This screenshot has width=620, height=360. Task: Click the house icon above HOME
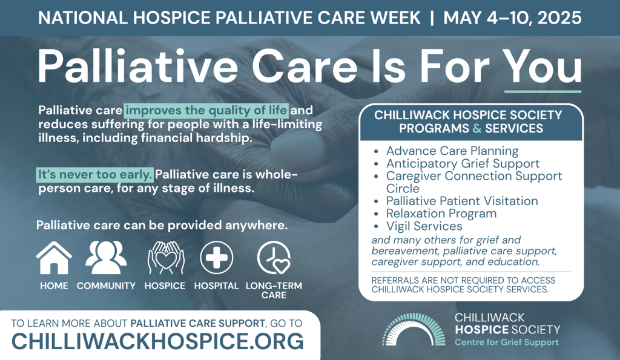tap(54, 258)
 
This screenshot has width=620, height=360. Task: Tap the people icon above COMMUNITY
tap(106, 258)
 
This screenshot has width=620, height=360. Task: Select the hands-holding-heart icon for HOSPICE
tap(166, 258)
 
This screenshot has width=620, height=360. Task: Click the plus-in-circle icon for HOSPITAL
tap(216, 258)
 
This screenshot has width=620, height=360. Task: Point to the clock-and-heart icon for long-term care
tap(274, 258)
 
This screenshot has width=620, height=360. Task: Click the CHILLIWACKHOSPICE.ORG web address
tap(157, 341)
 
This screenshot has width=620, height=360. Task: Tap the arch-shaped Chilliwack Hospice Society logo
tap(414, 330)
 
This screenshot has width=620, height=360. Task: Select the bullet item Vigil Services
tap(424, 226)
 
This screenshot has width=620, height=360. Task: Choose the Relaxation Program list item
tap(441, 214)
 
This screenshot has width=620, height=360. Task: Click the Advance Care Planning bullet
tap(452, 151)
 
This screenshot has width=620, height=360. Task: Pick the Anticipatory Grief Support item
tap(463, 163)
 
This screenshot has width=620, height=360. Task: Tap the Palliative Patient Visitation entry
tap(462, 201)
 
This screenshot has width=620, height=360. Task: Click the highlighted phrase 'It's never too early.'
tap(95, 174)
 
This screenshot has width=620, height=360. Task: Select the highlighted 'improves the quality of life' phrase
tap(206, 110)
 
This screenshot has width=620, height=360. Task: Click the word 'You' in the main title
tap(542, 65)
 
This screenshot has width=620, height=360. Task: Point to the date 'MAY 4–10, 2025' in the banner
tap(512, 18)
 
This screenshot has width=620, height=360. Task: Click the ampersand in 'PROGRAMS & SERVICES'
tap(477, 128)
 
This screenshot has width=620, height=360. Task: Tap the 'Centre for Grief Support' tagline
tap(507, 342)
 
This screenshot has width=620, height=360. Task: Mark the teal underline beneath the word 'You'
tap(542, 92)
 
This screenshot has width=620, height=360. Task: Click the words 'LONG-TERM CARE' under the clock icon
tap(274, 290)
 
